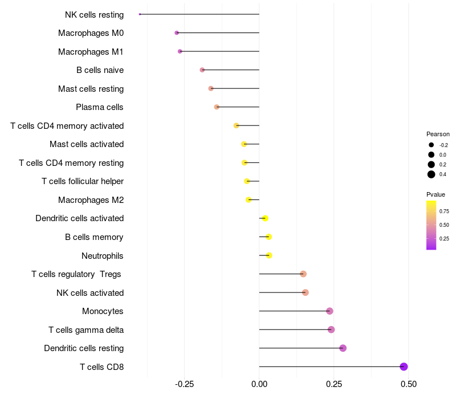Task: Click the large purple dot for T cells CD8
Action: point(404,367)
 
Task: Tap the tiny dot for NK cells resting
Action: point(140,14)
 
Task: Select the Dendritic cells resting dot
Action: point(343,348)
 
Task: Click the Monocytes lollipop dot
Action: point(329,311)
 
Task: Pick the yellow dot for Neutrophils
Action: point(269,255)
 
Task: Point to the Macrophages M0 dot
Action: point(177,33)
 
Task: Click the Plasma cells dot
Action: point(217,107)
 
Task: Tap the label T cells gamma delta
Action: point(86,330)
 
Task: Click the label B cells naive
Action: point(100,70)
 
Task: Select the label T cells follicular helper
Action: point(83,181)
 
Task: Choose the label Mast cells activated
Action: point(87,144)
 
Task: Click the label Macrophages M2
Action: point(91,200)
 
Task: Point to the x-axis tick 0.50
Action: point(408,385)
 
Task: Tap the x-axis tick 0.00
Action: point(259,385)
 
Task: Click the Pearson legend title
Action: point(438,135)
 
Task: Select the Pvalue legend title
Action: point(436,194)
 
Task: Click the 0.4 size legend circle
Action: point(431,174)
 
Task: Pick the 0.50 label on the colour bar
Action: point(444,225)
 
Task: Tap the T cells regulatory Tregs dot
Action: point(303,274)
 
